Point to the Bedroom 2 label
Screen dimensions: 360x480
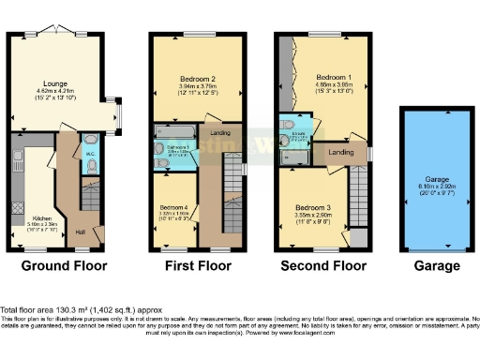(x=198, y=80)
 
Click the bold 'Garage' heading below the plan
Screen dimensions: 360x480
(x=436, y=266)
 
